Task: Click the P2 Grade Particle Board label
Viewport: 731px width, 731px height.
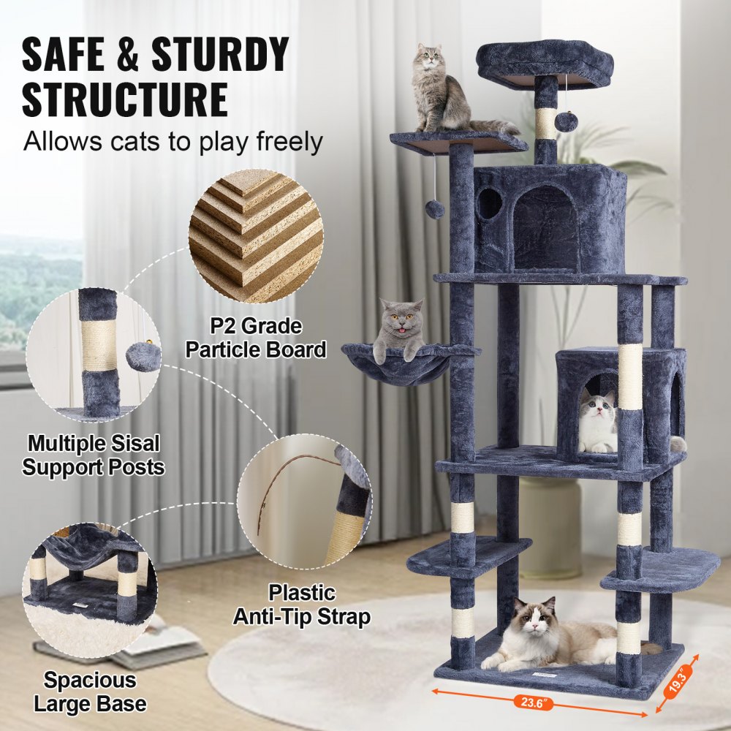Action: [255, 338]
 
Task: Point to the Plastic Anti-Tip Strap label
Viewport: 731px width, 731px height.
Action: [301, 604]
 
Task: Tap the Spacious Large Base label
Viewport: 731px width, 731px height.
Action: [90, 692]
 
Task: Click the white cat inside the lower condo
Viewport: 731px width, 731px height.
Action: [599, 423]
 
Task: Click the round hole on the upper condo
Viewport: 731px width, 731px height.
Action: [489, 204]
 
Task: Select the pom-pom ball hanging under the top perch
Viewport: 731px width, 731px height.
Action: [565, 121]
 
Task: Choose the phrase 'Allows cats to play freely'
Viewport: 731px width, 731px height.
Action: [173, 140]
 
